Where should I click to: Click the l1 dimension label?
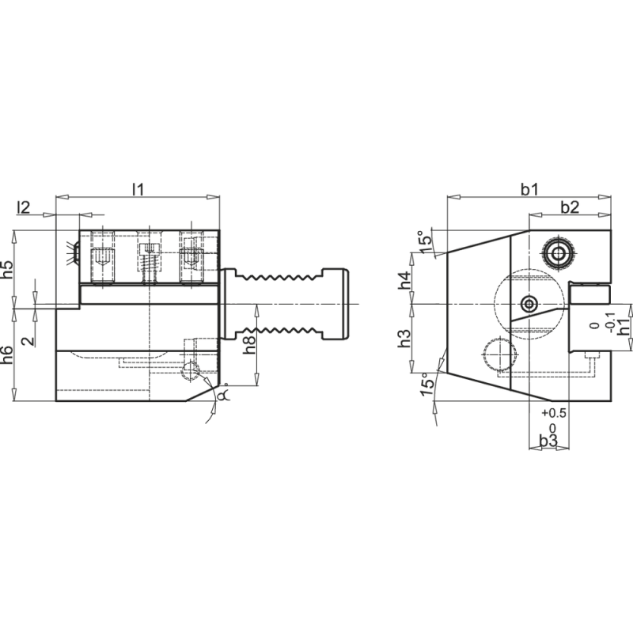(x=138, y=189)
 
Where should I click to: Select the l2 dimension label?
(x=24, y=207)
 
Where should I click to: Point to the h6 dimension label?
(x=8, y=354)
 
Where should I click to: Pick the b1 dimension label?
(x=529, y=189)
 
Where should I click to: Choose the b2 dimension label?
(x=570, y=207)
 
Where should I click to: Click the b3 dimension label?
(x=548, y=441)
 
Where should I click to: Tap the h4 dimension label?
(x=404, y=280)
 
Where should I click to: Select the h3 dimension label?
(x=404, y=339)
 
